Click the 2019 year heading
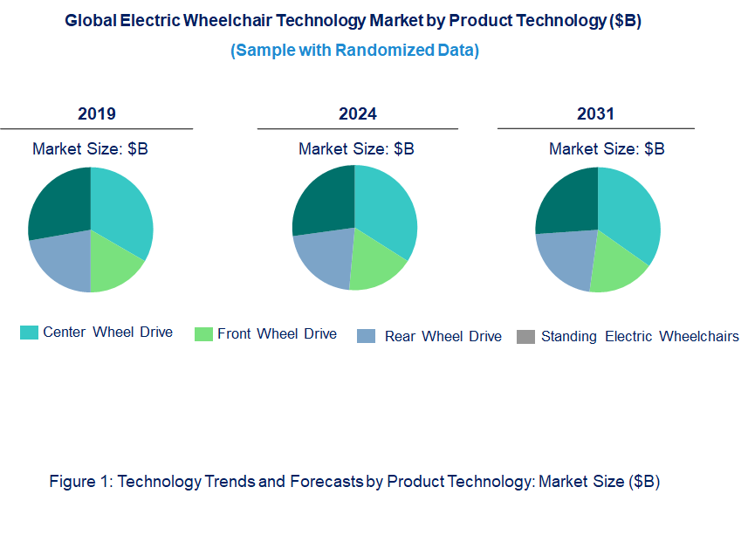[96, 113]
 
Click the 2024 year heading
[358, 113]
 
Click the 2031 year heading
[595, 113]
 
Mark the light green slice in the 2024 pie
[375, 266]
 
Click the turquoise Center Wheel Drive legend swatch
[29, 333]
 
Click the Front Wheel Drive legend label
[277, 333]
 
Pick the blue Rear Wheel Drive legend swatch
[367, 337]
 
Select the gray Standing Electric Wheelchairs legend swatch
[525, 337]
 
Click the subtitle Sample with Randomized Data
[354, 51]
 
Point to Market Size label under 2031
[606, 149]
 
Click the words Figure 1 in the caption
[79, 482]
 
